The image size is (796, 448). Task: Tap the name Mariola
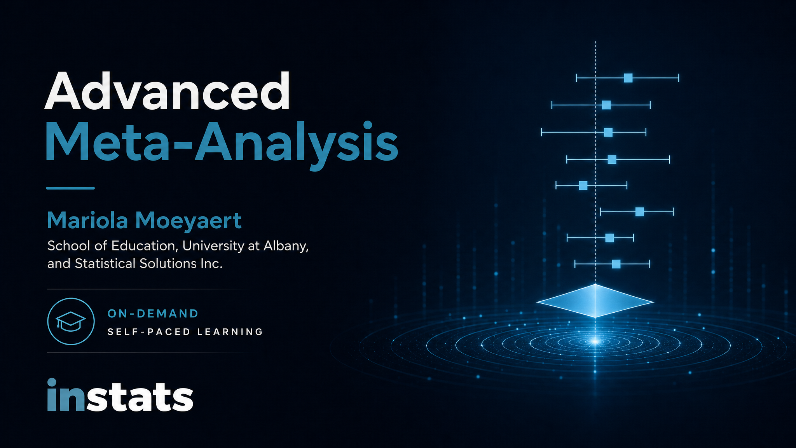[87, 220]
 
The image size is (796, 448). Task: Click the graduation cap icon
[71, 321]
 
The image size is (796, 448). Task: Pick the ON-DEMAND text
[153, 313]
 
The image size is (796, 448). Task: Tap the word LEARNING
[230, 332]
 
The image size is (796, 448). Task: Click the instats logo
[120, 395]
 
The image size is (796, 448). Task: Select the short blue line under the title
[70, 188]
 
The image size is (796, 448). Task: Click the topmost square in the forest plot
[628, 78]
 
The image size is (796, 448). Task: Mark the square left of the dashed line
[583, 185]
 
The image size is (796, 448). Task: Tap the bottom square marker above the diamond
[616, 264]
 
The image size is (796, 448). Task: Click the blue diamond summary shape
[595, 301]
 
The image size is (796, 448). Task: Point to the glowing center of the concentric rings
[595, 341]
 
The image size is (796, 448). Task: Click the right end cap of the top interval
[679, 78]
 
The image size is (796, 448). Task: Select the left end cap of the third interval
[541, 132]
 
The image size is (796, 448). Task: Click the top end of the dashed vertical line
[595, 42]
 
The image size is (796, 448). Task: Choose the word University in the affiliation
[216, 246]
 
